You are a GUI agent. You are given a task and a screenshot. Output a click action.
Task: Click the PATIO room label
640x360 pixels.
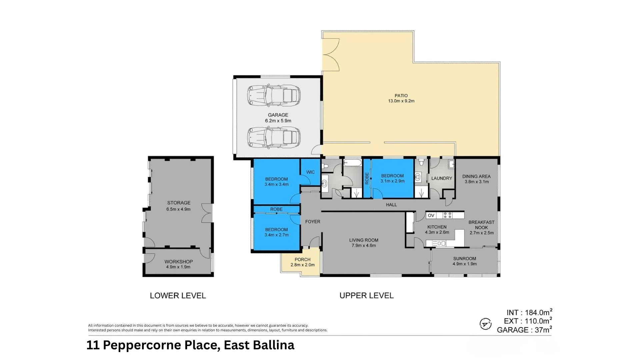coord(401,96)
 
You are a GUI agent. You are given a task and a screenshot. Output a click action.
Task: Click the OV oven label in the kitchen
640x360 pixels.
coord(431,215)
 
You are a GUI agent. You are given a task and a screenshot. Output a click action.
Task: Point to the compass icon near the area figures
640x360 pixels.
coord(485,324)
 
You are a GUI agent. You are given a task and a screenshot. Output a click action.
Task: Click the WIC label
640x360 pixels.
coord(310,172)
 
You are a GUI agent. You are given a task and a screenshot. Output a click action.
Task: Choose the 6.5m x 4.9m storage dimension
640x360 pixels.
coord(178,209)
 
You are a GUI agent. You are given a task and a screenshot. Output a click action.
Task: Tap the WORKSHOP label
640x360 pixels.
coord(178,262)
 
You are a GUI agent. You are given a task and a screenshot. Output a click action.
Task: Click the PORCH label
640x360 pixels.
coord(302,259)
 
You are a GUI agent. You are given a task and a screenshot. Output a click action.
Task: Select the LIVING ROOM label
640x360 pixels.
coord(364,240)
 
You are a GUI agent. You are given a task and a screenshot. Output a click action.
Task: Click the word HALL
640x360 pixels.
coord(391,205)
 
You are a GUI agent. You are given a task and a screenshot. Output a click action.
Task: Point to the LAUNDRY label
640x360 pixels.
coord(441,178)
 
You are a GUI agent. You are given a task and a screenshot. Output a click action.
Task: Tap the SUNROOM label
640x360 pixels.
coord(464,259)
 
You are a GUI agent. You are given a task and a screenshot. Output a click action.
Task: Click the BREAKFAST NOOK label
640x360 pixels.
coord(481,225)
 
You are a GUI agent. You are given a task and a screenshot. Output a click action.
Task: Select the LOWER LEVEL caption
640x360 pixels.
coord(178,296)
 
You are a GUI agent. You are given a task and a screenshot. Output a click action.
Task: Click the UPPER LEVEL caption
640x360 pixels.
coord(366,296)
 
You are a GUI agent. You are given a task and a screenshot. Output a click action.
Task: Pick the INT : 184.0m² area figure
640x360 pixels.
coord(529,312)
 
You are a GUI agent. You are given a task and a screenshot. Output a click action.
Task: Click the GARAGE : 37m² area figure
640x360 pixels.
coord(524,330)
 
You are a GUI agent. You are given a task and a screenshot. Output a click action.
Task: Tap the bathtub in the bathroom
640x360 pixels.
coord(352,163)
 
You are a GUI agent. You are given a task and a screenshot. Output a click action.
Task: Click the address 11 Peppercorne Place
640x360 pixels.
coord(190,345)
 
